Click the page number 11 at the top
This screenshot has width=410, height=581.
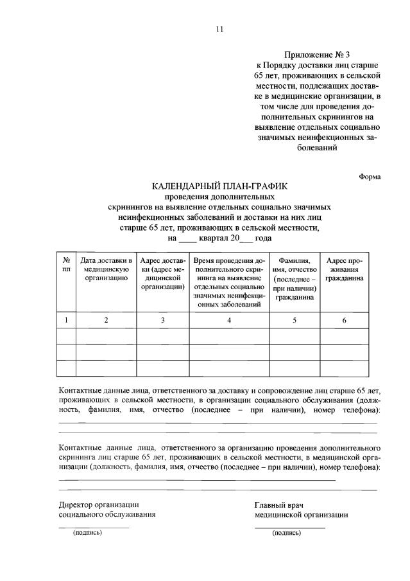(x=219, y=29)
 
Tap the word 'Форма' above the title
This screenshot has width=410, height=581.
(x=370, y=176)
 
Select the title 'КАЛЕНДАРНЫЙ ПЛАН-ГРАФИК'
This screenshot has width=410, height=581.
(x=219, y=186)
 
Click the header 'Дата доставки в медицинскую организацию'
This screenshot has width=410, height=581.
(x=107, y=270)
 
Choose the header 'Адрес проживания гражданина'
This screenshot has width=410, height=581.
(x=345, y=270)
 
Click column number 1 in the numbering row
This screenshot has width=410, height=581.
(x=66, y=320)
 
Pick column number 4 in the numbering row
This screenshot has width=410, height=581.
(x=228, y=320)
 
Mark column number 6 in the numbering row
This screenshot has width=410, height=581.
(x=345, y=320)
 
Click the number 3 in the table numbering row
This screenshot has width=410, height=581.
(x=163, y=320)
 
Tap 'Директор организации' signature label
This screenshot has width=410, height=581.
(x=99, y=504)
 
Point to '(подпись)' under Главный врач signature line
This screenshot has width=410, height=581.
(x=286, y=533)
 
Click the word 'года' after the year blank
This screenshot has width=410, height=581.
(x=264, y=238)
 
